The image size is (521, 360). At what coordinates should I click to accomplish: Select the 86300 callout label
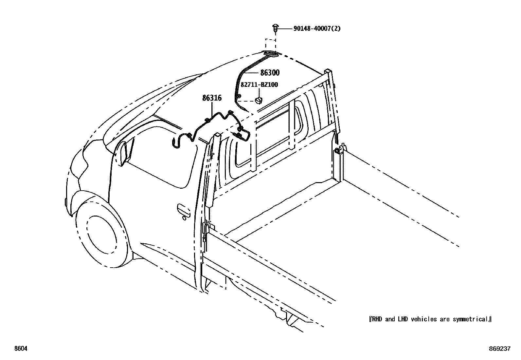(x=270, y=73)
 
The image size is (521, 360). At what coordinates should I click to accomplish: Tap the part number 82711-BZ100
(x=259, y=85)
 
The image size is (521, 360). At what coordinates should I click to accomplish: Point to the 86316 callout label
(x=212, y=98)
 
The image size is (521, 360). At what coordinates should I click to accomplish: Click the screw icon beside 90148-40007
(x=275, y=28)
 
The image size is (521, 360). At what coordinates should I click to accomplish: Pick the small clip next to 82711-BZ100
(x=259, y=99)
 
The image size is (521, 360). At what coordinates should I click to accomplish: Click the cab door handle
(x=183, y=211)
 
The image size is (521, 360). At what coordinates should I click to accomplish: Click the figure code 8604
(x=20, y=349)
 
